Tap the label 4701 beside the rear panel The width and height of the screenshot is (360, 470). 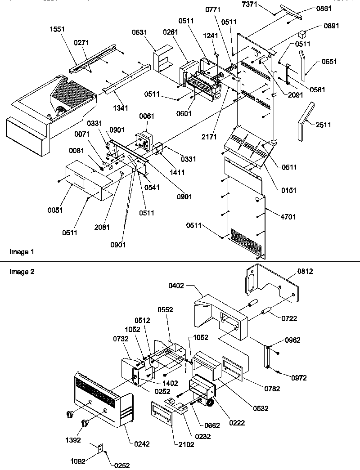(288, 217)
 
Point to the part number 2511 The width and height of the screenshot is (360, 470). (323, 125)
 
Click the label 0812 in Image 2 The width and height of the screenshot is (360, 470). (305, 271)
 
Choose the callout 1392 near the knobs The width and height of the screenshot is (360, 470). (73, 440)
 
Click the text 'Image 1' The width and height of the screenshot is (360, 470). (22, 252)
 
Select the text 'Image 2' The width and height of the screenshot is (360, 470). (22, 272)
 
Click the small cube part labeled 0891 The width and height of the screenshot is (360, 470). (302, 34)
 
